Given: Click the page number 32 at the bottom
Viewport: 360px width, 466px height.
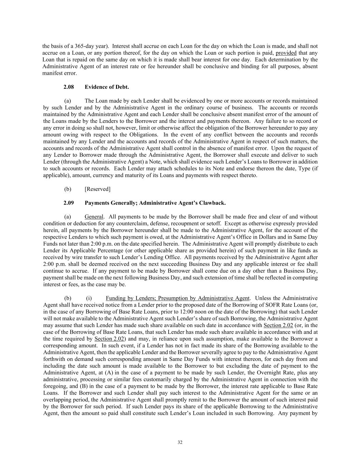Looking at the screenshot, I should click(x=180, y=442).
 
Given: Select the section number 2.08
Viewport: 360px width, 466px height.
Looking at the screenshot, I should click(x=69, y=87).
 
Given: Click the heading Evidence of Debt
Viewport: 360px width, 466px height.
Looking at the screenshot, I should click(x=107, y=87).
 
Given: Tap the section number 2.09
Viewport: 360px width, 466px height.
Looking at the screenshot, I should click(x=69, y=203).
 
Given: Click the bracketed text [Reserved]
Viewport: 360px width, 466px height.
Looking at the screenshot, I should click(x=97, y=189).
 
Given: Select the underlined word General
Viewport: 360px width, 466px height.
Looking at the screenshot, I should click(x=93, y=217).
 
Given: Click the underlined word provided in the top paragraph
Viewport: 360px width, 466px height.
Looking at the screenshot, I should click(x=286, y=53).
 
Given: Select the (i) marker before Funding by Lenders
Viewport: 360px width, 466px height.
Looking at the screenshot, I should click(x=89, y=298).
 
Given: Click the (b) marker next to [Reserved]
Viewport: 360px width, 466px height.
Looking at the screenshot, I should click(x=68, y=189).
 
